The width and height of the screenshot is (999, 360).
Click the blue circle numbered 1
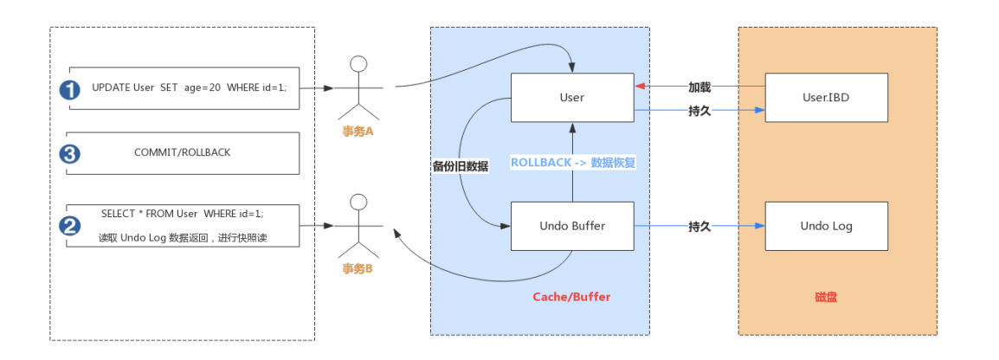(69, 88)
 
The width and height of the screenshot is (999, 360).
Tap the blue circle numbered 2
(69, 226)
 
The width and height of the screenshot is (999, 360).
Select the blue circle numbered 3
(69, 154)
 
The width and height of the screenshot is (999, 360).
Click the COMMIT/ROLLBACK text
(182, 152)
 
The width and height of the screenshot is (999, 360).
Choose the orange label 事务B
(358, 268)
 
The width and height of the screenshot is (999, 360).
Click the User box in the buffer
(571, 98)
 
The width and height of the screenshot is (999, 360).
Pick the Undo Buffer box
(571, 226)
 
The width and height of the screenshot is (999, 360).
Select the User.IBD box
(826, 98)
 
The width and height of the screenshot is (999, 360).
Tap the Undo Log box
(826, 226)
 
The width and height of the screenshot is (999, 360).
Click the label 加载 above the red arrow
(699, 87)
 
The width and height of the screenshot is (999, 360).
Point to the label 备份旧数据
(460, 166)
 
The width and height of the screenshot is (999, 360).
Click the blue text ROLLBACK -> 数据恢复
(573, 163)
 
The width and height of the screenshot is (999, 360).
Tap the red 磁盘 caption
(826, 297)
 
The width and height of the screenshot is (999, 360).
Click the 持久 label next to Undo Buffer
(699, 226)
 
